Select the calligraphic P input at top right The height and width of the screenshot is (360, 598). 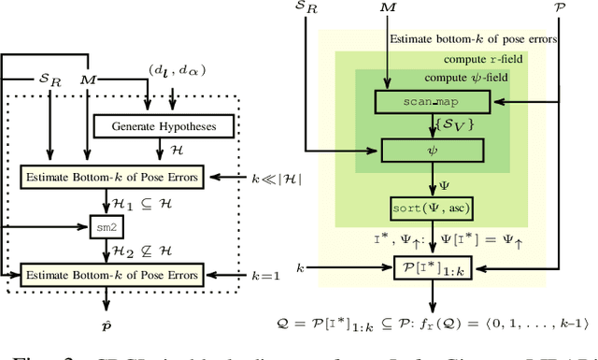[559, 7]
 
